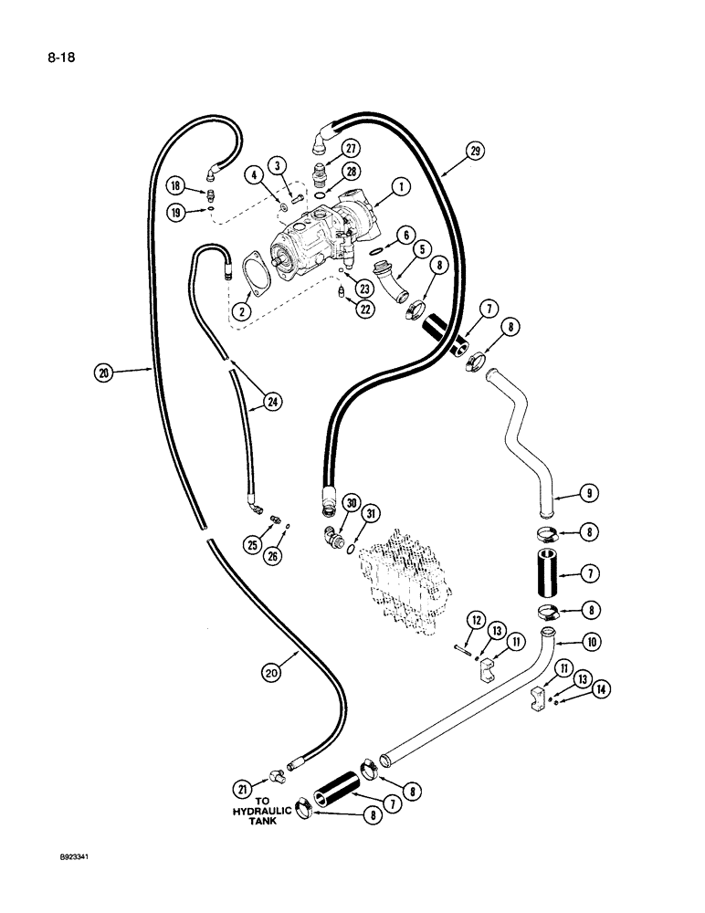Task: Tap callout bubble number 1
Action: point(401,186)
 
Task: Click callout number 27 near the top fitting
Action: point(350,149)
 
